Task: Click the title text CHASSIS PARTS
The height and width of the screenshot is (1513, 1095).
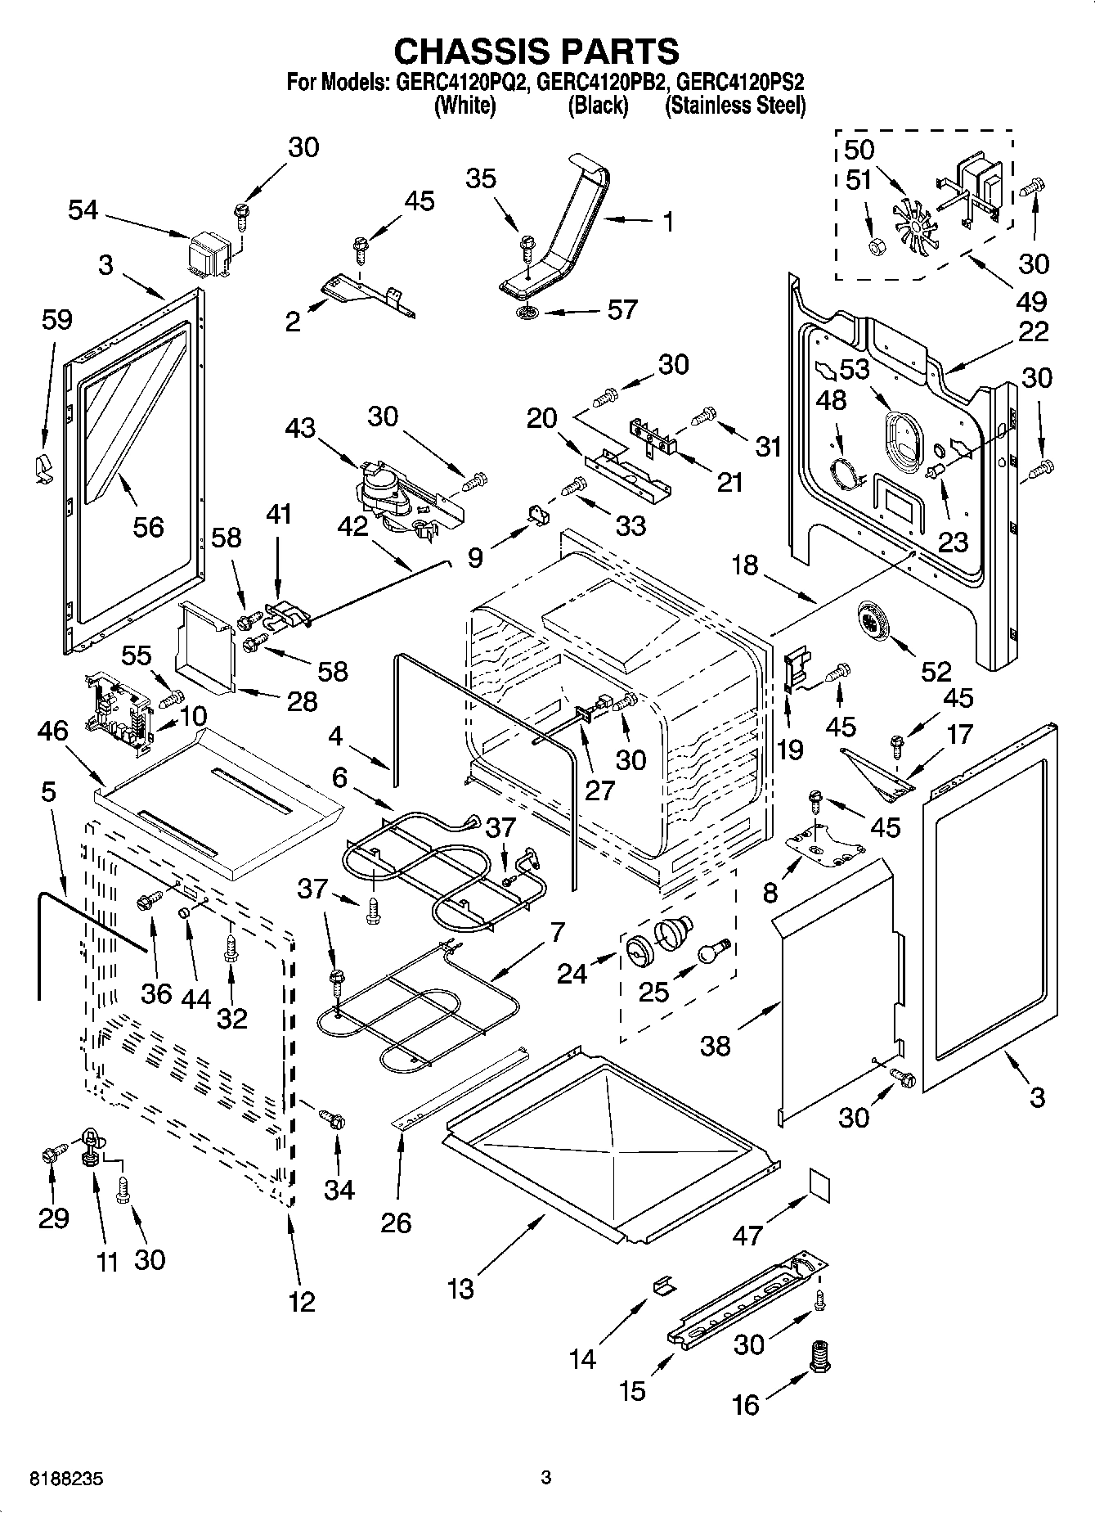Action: [536, 51]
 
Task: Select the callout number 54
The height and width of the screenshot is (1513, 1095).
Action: [83, 210]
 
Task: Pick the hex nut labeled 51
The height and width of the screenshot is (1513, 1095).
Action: [876, 245]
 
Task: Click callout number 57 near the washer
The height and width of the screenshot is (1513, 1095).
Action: [622, 309]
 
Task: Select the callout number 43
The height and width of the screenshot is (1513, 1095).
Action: [300, 427]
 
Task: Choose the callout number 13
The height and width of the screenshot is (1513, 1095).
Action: [460, 1289]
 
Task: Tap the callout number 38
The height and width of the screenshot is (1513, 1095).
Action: [716, 1045]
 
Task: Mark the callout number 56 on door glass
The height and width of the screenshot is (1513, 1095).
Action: [148, 526]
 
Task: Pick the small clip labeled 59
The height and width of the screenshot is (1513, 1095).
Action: [41, 469]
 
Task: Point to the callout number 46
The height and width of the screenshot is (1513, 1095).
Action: [54, 731]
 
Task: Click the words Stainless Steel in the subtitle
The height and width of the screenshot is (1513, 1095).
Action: [735, 106]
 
